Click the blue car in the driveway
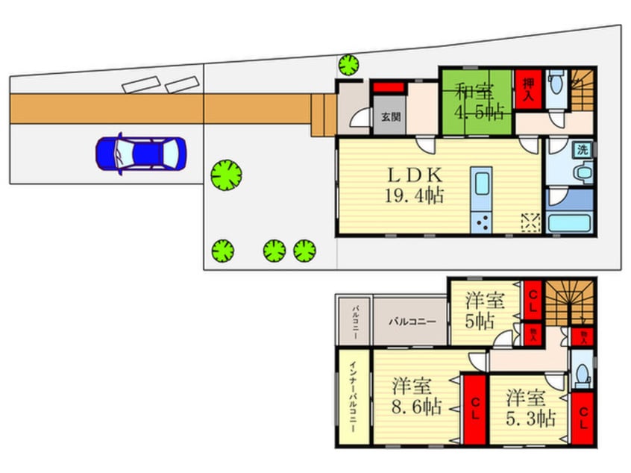coord(139,154)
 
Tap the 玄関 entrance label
coord(389,117)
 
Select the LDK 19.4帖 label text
coord(415,186)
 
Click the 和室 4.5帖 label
coord(477,102)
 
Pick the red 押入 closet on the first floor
coord(527,89)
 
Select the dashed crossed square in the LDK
coord(530,222)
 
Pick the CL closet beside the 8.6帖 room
coord(474,410)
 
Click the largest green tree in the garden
coord(226,176)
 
